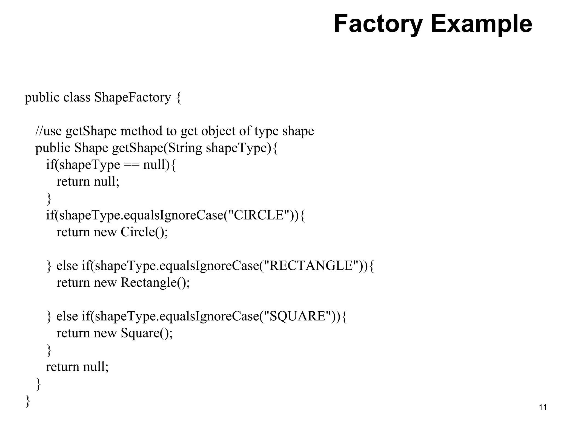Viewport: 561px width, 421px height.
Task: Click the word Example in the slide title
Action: point(481,24)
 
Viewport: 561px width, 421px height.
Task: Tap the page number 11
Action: point(542,407)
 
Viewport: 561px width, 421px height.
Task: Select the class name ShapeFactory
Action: point(133,98)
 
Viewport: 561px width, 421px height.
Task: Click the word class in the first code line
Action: point(77,98)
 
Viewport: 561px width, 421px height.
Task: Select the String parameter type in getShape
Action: point(185,148)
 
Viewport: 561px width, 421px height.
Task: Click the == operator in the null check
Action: point(131,165)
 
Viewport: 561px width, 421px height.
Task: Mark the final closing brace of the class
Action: point(27,401)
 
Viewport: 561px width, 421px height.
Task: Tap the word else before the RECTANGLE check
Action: point(67,266)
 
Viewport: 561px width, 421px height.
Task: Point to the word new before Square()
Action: point(105,333)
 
